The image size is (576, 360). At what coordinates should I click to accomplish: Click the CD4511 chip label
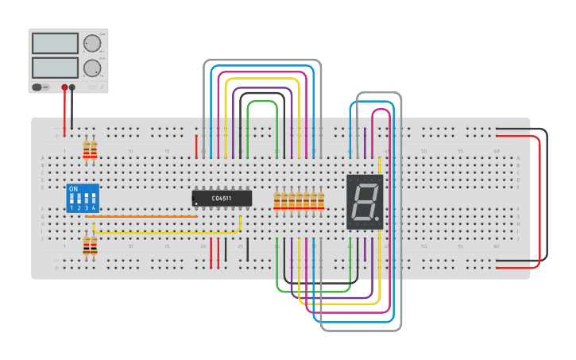[x=222, y=197]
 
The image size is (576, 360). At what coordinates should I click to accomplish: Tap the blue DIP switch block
[x=83, y=199]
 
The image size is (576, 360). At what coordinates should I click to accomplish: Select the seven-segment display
[x=365, y=202]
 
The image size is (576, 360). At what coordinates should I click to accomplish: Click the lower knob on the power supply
[x=92, y=68]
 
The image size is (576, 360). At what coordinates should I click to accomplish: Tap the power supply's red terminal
[x=64, y=87]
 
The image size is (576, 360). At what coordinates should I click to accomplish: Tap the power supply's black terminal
[x=72, y=87]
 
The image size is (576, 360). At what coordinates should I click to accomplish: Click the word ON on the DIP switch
[x=74, y=189]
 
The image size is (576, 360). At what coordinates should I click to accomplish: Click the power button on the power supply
[x=37, y=87]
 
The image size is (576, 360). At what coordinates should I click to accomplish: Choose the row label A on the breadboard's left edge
[x=43, y=157]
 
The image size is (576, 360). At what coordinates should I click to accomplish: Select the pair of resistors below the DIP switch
[x=90, y=246]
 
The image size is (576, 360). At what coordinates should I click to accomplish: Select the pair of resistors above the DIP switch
[x=90, y=149]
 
